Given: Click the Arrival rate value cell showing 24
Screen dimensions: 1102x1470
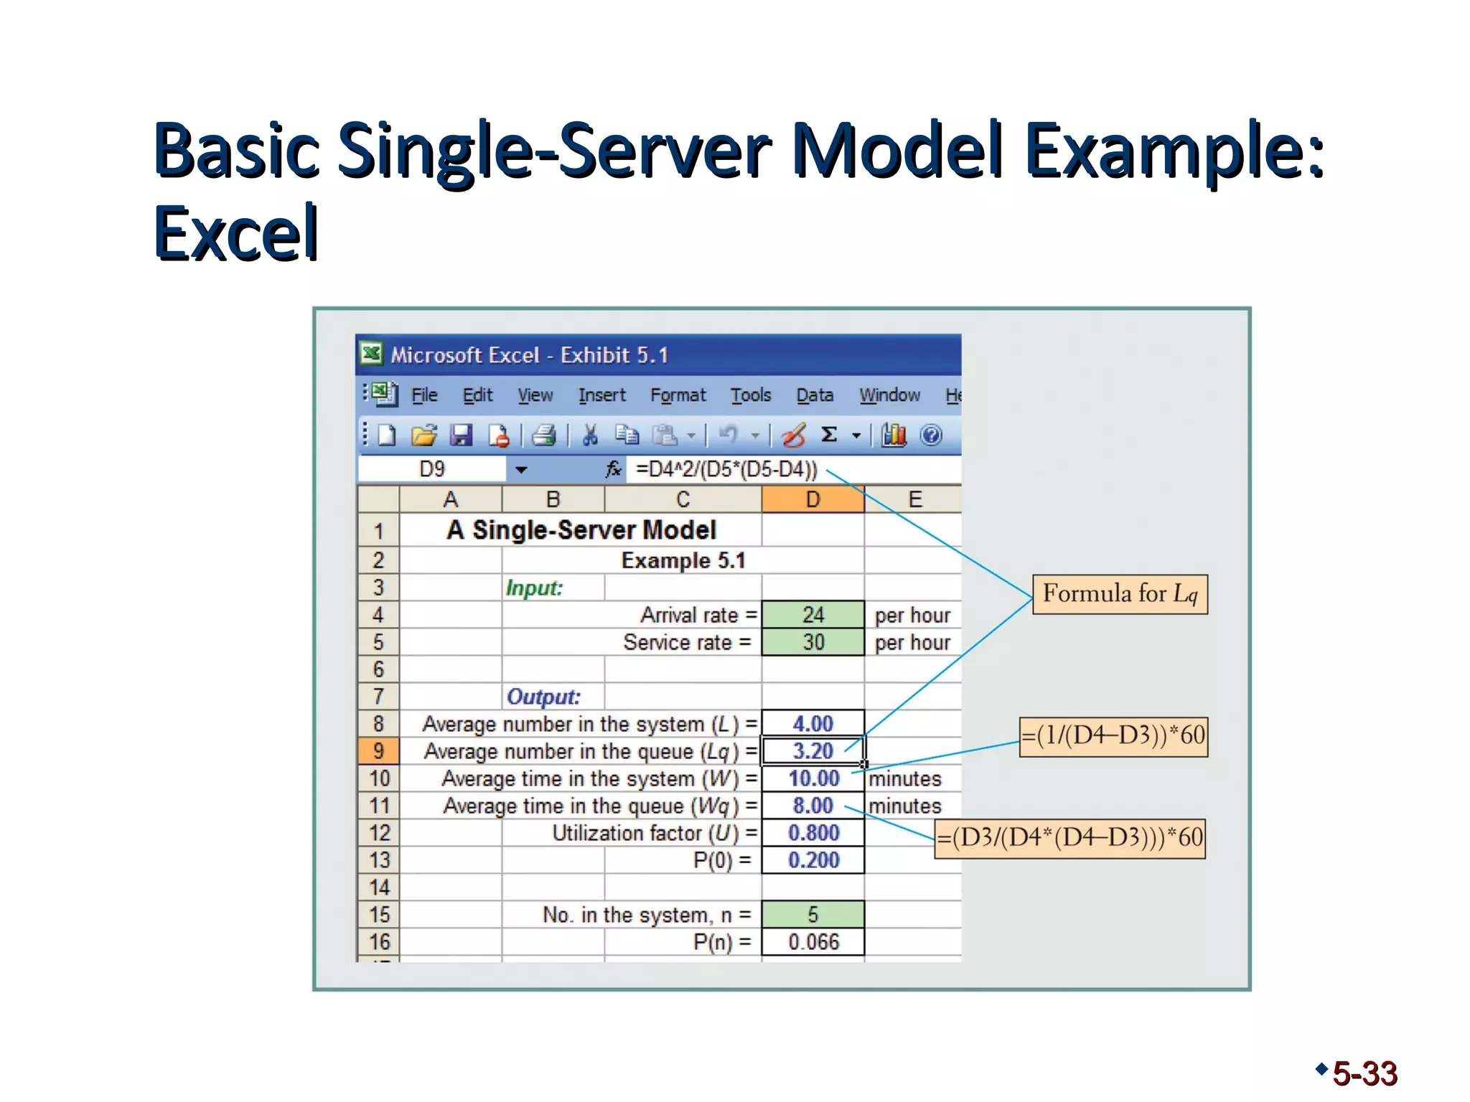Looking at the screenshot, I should pyautogui.click(x=813, y=615).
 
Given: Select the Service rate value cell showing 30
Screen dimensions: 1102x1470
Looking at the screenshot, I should pyautogui.click(x=813, y=642).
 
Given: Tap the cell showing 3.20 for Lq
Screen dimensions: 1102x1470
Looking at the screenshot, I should pyautogui.click(x=813, y=751).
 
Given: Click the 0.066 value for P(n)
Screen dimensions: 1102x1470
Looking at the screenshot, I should pyautogui.click(x=813, y=942).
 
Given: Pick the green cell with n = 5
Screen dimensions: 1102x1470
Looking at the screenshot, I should pyautogui.click(x=813, y=915).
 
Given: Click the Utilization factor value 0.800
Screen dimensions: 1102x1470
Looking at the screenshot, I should pyautogui.click(x=813, y=833).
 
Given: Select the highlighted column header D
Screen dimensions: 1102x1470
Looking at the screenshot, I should pyautogui.click(x=813, y=499).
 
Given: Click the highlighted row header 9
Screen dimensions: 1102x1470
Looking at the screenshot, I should pyautogui.click(x=378, y=751).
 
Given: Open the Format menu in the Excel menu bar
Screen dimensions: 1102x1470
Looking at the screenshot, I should pyautogui.click(x=678, y=395).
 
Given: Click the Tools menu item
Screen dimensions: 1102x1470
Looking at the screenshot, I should pyautogui.click(x=751, y=395).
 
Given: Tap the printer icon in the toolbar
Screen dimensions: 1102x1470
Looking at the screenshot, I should pyautogui.click(x=544, y=435).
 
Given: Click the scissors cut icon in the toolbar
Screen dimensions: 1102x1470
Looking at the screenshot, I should pyautogui.click(x=590, y=435).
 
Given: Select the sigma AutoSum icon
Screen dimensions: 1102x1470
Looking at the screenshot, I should pyautogui.click(x=829, y=435).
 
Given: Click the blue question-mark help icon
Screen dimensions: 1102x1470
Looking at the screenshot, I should pyautogui.click(x=931, y=435).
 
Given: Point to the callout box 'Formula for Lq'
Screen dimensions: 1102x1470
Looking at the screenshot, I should pyautogui.click(x=1120, y=594).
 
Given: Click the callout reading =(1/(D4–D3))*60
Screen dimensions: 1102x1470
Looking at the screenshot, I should pyautogui.click(x=1113, y=736).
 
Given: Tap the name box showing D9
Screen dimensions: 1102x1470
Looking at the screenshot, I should pyautogui.click(x=432, y=469).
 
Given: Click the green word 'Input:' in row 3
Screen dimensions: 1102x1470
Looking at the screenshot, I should pyautogui.click(x=534, y=588).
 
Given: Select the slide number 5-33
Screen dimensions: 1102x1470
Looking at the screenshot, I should pyautogui.click(x=1364, y=1074).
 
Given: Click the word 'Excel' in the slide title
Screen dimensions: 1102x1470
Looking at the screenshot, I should pyautogui.click(x=236, y=233).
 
